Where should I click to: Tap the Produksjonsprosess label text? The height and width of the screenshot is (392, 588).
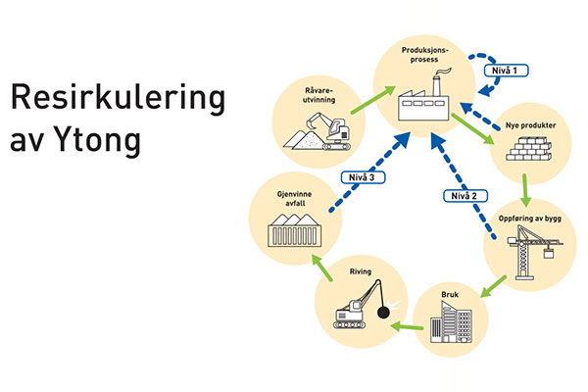point(423,52)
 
